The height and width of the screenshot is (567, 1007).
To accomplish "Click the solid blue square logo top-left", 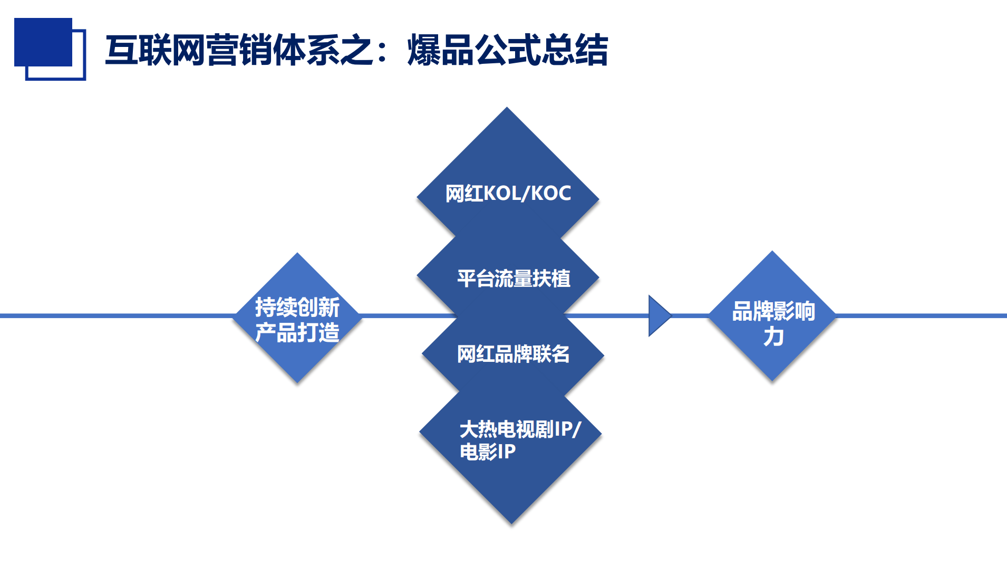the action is pos(43,42).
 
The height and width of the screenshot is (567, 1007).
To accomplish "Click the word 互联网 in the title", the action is pos(156,50).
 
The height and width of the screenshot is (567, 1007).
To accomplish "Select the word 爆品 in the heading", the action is pos(441,50).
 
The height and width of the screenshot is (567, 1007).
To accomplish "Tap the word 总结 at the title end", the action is pos(575,50).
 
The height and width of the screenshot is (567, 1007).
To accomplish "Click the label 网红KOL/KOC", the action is pos(508,194).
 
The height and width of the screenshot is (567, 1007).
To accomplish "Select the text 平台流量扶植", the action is pos(514,278).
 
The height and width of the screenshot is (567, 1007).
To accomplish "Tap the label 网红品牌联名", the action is pos(513,354).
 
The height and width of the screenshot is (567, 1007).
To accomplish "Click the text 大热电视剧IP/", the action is pos(520,429).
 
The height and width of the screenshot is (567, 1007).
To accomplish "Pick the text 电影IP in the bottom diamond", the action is pos(488,451).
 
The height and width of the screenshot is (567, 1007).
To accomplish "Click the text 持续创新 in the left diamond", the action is pos(297,307).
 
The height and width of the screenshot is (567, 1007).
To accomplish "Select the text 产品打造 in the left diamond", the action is pos(297,332).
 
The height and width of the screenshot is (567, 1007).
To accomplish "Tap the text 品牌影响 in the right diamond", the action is pos(773,311).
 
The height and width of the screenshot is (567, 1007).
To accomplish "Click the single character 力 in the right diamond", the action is pos(773,337).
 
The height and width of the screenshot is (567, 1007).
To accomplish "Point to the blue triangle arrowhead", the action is pos(660,315).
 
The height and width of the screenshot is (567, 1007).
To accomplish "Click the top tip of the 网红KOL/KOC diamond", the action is pos(507,107).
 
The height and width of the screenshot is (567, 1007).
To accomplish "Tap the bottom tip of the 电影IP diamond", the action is pos(511,524).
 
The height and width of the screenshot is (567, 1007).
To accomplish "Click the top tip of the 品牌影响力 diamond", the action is pos(772,251).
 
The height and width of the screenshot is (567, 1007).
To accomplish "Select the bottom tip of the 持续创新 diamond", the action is pos(297,383).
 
